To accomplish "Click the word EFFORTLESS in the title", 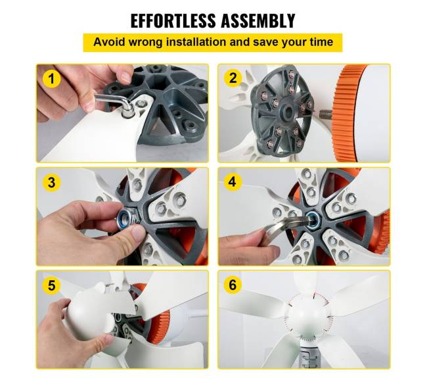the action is click(x=173, y=20).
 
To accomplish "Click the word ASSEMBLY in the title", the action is click(x=258, y=20).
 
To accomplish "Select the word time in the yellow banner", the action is click(x=321, y=42).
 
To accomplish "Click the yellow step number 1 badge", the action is click(x=51, y=79).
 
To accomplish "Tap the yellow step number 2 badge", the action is click(x=233, y=78).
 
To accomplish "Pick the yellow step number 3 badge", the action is click(x=51, y=182).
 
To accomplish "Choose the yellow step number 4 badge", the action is click(x=233, y=181).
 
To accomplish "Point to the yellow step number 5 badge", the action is click(x=51, y=285).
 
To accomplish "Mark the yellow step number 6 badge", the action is click(x=233, y=285).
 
